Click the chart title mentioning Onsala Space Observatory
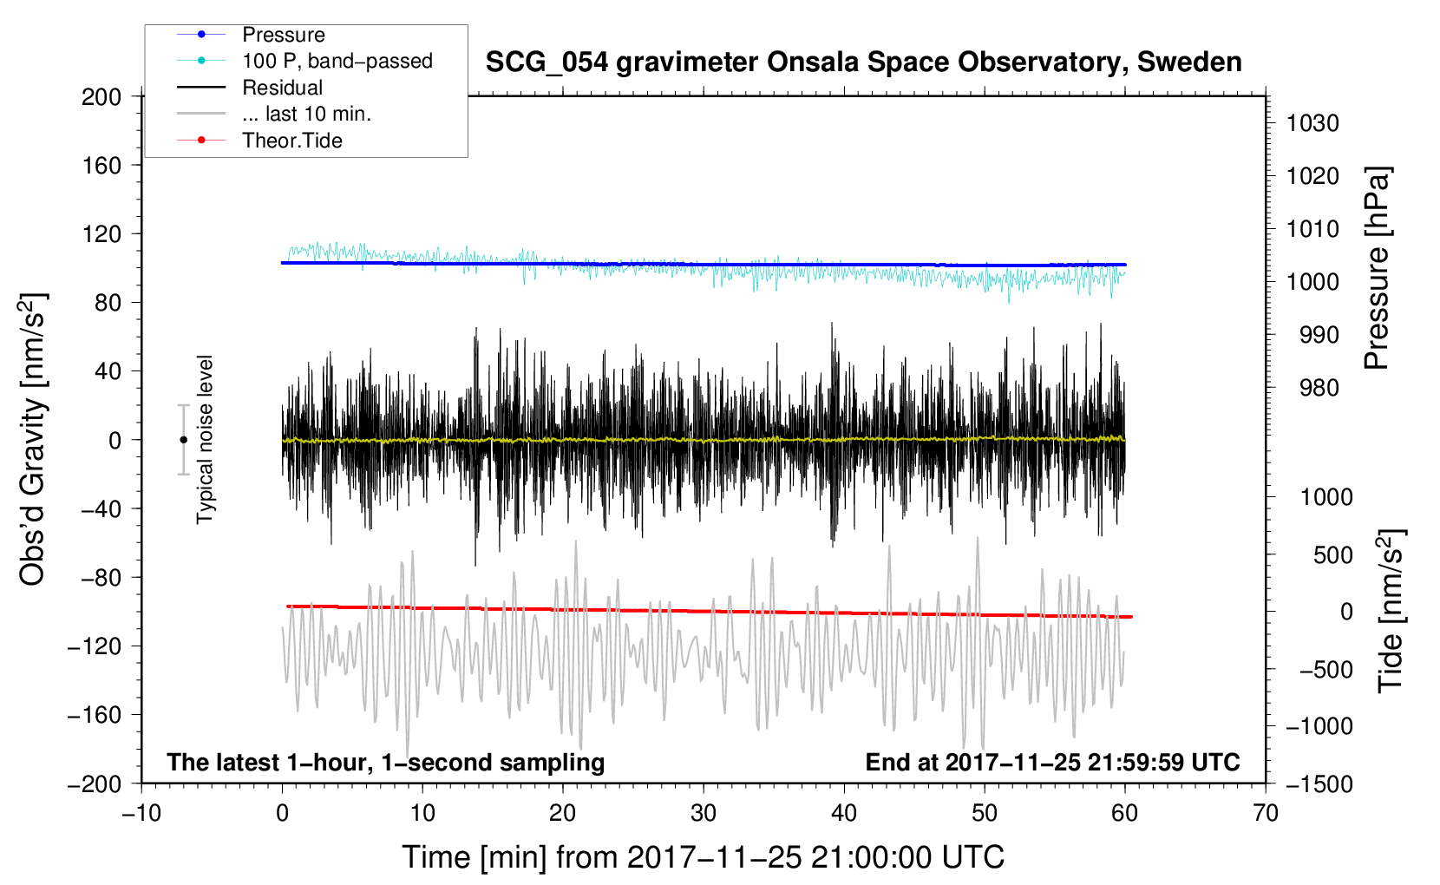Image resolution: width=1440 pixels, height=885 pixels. click(863, 62)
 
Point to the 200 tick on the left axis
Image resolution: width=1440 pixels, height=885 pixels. click(101, 97)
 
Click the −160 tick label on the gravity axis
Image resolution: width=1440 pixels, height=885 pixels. click(95, 715)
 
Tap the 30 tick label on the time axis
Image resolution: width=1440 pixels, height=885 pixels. click(704, 813)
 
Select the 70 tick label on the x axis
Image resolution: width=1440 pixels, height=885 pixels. click(1265, 813)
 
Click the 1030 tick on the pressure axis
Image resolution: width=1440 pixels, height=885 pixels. click(1312, 123)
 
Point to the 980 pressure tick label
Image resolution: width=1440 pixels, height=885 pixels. click(1319, 388)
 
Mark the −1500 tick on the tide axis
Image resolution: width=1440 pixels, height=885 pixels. click(1319, 784)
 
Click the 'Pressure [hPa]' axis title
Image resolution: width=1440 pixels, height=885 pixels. click(1377, 268)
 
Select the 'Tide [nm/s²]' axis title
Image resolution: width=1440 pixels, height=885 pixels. click(1391, 611)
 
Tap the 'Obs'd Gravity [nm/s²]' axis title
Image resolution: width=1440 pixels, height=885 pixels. click(32, 440)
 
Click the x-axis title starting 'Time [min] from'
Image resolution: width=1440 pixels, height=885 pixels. click(704, 857)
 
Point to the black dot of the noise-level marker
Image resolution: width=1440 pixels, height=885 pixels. click(183, 440)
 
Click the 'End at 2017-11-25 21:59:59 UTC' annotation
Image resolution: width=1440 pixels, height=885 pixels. click(1052, 762)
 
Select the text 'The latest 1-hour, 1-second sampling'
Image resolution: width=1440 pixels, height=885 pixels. click(386, 762)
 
